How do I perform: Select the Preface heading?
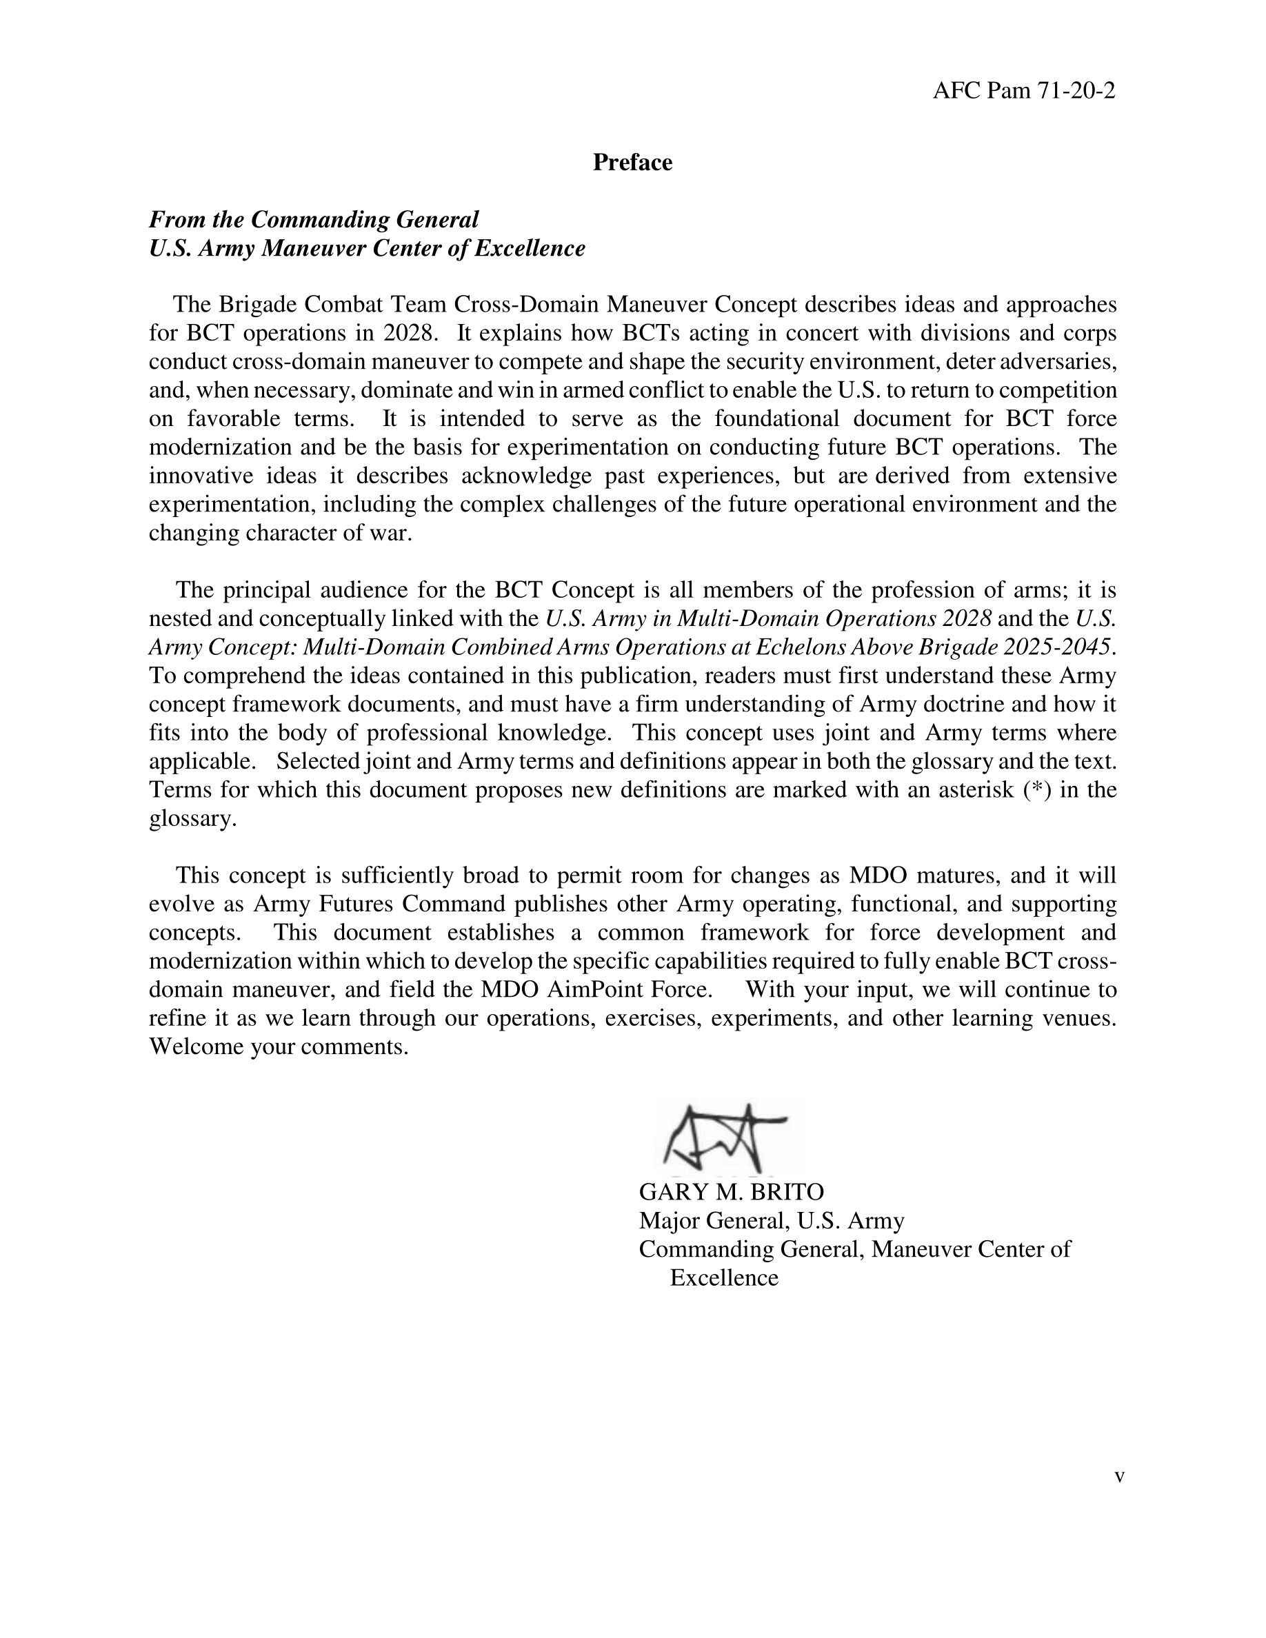[632, 163]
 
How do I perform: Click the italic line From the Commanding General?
[314, 220]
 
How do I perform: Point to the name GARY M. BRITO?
[731, 1192]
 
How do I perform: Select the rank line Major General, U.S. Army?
[771, 1221]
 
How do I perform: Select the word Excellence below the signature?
[724, 1278]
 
